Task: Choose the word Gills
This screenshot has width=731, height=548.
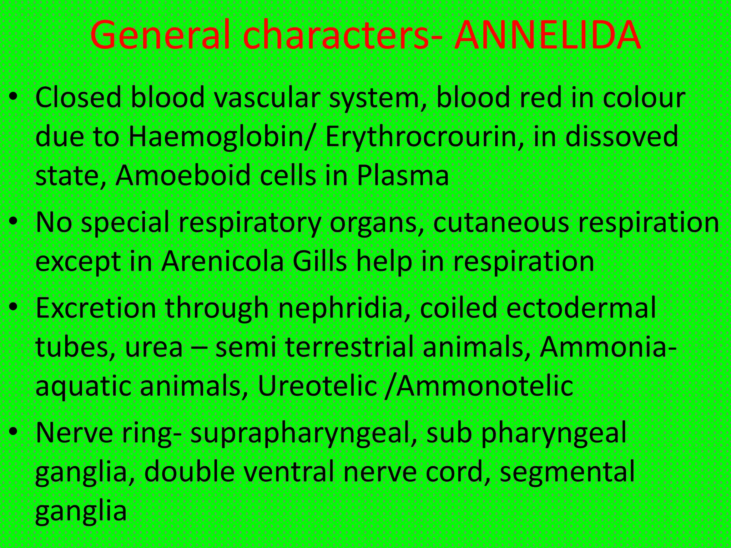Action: click(319, 261)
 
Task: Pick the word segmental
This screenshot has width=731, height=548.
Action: click(567, 471)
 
